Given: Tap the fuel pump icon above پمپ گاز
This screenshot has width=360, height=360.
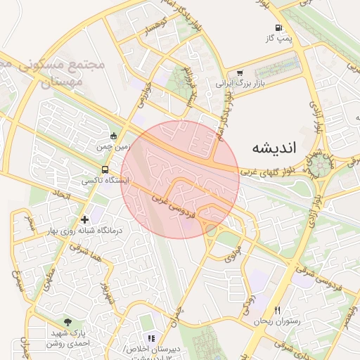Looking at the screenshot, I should tap(278, 29).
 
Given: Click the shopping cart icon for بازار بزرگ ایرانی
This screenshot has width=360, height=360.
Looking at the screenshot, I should tap(240, 72).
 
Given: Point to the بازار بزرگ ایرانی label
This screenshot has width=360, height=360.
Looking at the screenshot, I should tap(233, 83).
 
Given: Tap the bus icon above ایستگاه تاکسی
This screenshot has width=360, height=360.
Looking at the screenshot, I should tap(105, 169).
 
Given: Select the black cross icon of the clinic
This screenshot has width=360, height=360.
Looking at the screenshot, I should tap(85, 220).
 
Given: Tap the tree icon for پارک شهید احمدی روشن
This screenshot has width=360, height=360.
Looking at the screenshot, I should tap(67, 322).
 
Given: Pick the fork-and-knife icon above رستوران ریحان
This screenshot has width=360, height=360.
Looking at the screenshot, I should tap(278, 310).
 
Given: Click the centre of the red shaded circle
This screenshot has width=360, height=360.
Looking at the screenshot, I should tap(180, 180).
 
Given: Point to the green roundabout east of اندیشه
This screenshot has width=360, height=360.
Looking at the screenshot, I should tap(324, 165).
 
